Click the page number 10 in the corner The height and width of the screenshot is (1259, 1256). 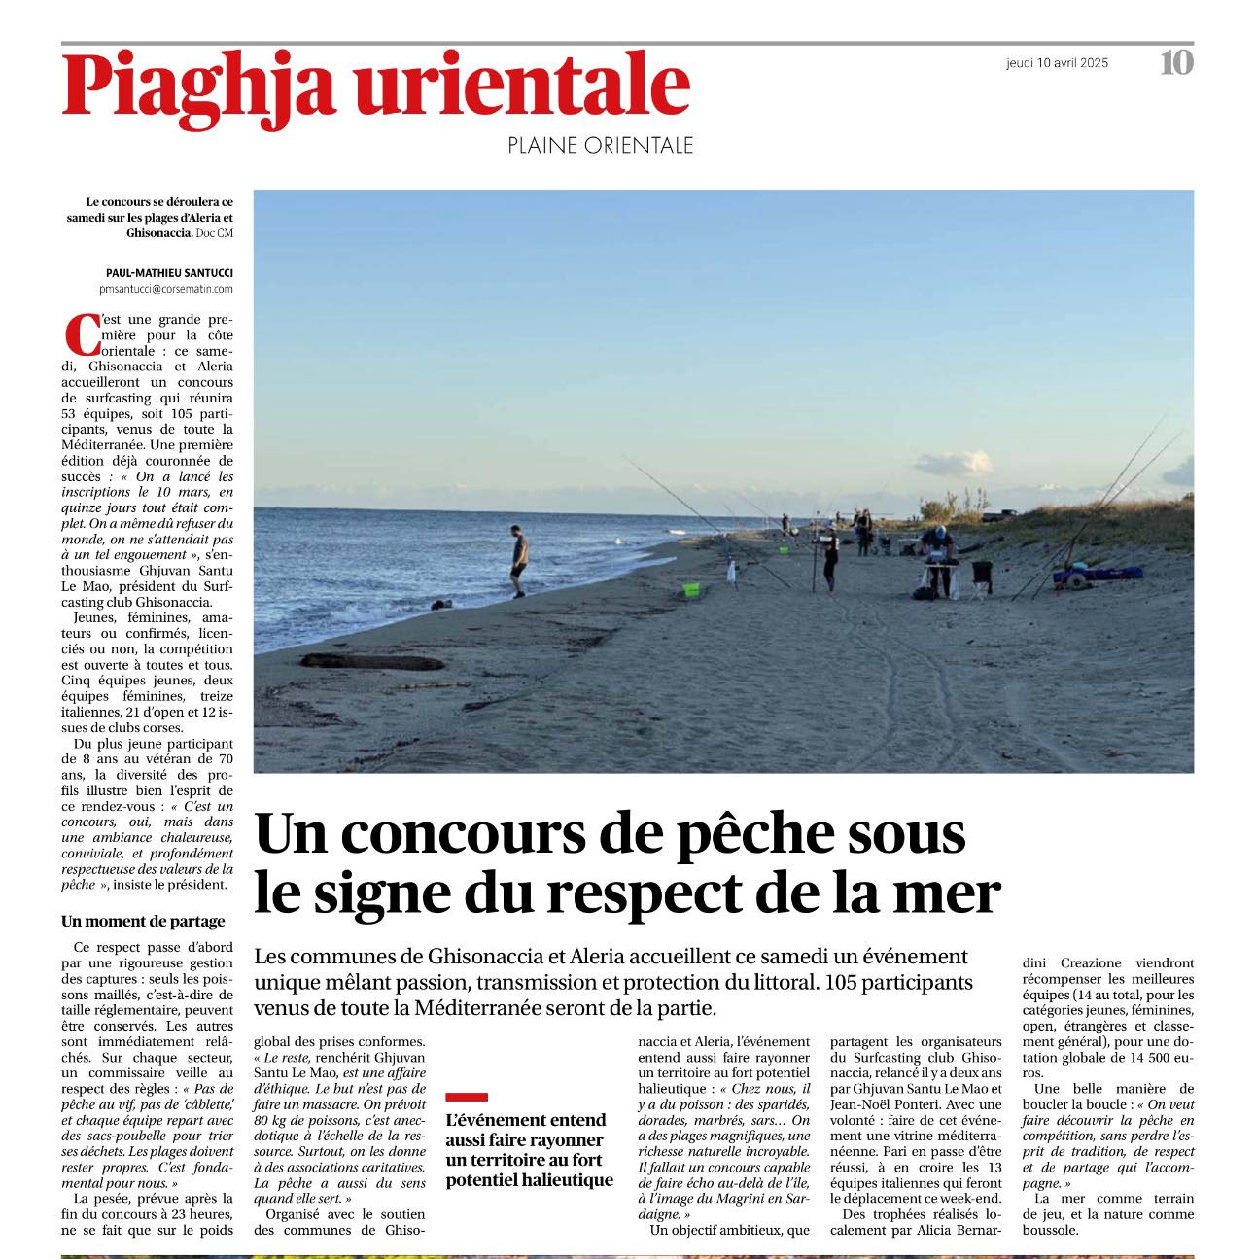click(1176, 63)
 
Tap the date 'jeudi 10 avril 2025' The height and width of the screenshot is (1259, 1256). click(1057, 63)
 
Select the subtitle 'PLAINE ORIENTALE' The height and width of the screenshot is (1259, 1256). click(600, 146)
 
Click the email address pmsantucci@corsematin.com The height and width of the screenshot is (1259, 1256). click(166, 289)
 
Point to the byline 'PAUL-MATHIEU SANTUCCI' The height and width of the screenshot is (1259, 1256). click(169, 273)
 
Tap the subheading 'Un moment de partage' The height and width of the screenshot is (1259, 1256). click(143, 921)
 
